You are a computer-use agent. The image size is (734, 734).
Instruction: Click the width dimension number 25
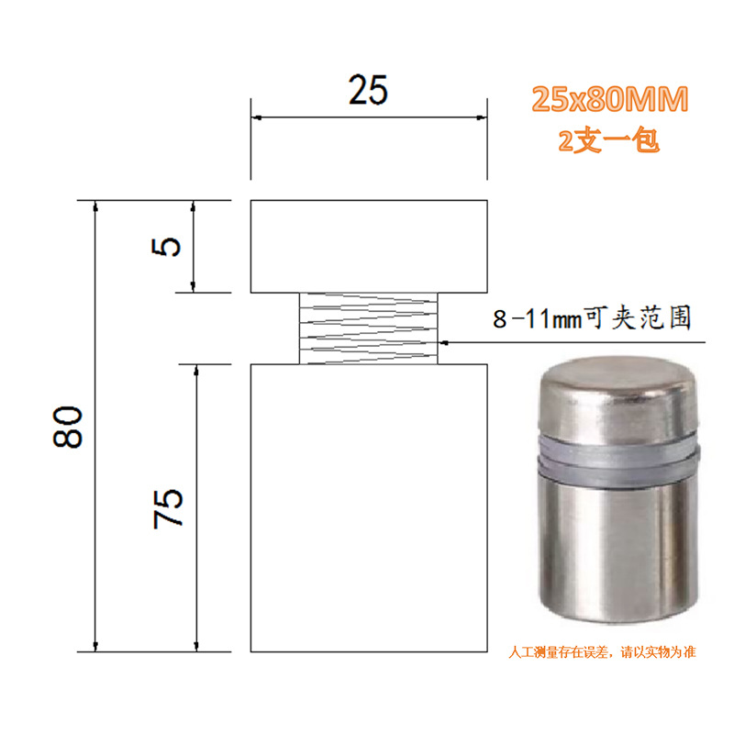click(368, 89)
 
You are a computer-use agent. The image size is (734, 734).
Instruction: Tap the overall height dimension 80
click(68, 427)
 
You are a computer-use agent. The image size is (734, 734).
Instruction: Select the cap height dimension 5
click(166, 247)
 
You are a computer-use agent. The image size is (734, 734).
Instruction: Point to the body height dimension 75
click(168, 509)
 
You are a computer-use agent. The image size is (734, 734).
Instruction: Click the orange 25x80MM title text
click(609, 99)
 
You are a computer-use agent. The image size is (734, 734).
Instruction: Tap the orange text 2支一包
click(608, 140)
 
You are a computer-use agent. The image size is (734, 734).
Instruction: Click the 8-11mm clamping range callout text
click(592, 317)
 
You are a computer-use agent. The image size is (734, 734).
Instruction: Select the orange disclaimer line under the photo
click(602, 651)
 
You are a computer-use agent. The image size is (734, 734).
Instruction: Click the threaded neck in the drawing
click(369, 328)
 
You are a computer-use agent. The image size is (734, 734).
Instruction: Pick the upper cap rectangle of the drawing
click(369, 247)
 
